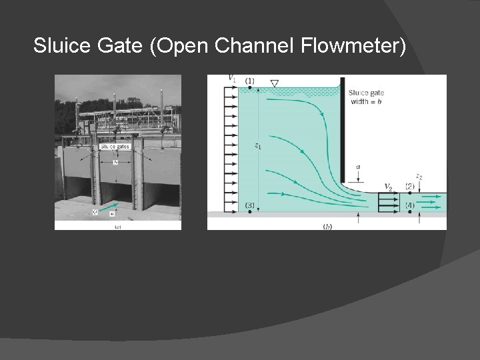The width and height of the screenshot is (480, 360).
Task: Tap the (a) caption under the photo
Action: click(x=117, y=227)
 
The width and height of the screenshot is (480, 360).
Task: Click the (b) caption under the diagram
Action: click(x=327, y=227)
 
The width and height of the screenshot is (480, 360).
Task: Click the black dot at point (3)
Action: click(x=249, y=212)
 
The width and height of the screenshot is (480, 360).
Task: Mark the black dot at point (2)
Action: click(x=409, y=193)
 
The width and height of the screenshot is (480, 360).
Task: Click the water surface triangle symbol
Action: click(x=274, y=83)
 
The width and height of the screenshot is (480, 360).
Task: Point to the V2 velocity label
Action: click(x=389, y=186)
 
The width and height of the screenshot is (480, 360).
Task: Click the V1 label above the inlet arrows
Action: click(x=231, y=79)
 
